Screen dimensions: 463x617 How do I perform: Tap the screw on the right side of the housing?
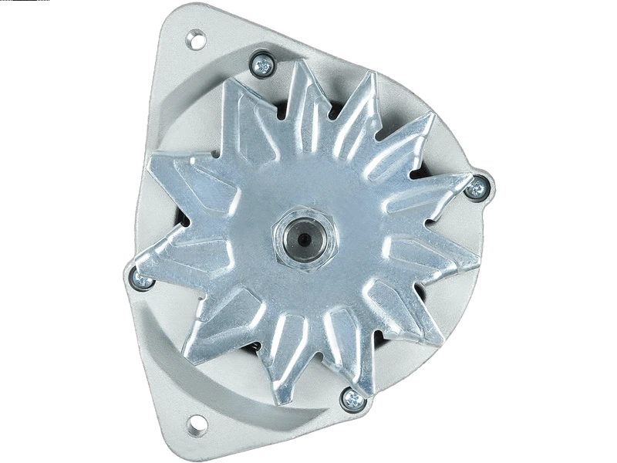(480, 185)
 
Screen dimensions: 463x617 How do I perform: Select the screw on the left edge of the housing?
(140, 279)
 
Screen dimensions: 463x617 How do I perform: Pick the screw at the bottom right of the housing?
(352, 398)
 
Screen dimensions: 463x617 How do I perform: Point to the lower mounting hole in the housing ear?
(196, 422)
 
